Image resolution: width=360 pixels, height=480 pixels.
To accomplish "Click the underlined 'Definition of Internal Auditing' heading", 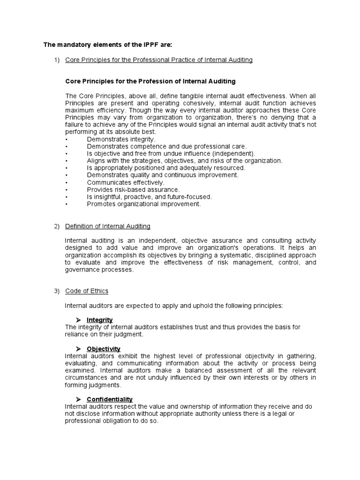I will [108, 226].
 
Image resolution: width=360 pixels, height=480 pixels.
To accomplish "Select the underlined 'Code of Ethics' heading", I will [87, 291].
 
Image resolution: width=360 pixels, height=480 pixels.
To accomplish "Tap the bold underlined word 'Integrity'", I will [100, 320].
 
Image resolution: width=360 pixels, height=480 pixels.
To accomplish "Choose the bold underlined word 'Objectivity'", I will [104, 349].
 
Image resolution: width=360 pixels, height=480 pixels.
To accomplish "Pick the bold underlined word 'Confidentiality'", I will [110, 399].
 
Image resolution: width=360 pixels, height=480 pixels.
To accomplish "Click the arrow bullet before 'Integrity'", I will [79, 320].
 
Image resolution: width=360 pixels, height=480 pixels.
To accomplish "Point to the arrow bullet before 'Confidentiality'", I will [79, 399].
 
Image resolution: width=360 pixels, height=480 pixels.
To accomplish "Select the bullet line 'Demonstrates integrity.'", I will [121, 139].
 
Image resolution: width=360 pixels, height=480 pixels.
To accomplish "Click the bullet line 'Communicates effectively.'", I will [126, 182].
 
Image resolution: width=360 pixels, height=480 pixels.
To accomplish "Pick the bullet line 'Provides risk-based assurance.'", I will [133, 189].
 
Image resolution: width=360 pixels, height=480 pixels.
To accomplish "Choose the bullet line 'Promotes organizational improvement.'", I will [144, 204].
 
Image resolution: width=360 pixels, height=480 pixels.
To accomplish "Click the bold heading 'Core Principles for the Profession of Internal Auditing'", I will [150, 81].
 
